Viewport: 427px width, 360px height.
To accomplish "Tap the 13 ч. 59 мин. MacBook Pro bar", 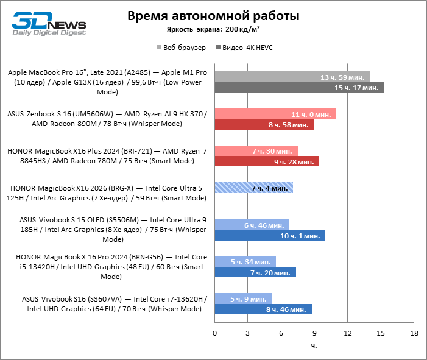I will tap(292, 77).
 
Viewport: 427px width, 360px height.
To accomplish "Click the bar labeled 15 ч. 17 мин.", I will tap(298, 88).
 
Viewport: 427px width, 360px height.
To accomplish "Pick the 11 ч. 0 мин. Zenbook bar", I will tap(275, 114).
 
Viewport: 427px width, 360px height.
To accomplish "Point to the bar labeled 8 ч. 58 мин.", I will tap(264, 125).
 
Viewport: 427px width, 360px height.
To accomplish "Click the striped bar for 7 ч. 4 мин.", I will tap(253, 188).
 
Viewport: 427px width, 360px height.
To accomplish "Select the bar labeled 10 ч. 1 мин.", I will tap(269, 235).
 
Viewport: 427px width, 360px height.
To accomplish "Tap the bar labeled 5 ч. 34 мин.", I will tap(245, 261).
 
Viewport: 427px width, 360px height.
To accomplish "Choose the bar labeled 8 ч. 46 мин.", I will tap(263, 309).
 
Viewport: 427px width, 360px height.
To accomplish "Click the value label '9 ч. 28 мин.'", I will tap(297, 162).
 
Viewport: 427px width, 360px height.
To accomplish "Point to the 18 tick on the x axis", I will tap(414, 334).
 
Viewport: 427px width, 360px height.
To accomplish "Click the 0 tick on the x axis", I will tap(214, 334).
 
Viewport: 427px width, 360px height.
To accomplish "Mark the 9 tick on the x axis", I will tap(314, 334).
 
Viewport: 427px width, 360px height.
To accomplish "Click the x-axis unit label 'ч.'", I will tap(314, 346).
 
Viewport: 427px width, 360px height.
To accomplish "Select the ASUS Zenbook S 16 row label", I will tap(107, 119).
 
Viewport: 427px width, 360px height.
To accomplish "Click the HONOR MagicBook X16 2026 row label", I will tap(107, 193).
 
